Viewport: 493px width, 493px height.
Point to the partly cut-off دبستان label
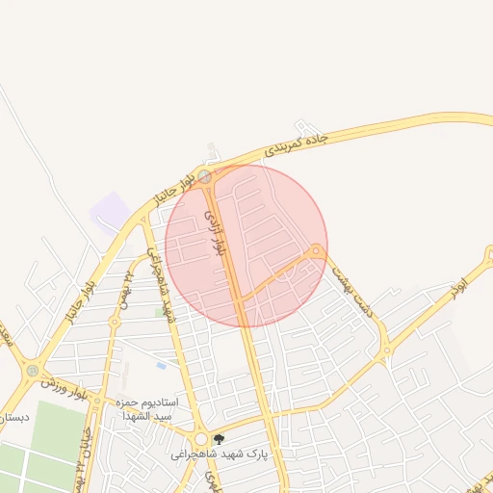pos(13,417)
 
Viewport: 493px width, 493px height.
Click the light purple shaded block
pos(110,211)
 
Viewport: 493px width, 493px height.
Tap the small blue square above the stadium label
pos(160,365)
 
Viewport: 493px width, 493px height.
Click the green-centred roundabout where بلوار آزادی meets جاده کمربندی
pos(204,177)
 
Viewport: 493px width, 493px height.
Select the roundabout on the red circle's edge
pos(316,251)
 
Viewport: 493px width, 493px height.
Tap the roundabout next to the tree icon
pos(200,439)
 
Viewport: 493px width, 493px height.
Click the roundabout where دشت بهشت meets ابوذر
pos(384,354)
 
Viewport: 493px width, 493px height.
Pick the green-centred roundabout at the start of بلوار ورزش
pos(33,369)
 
